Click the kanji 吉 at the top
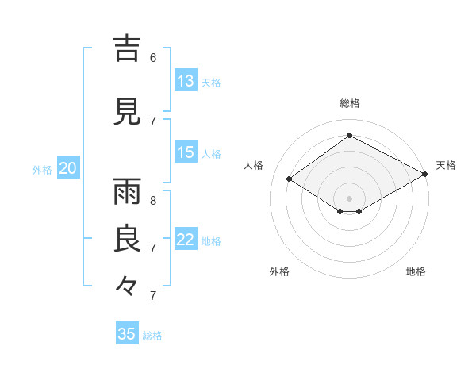tap(128, 49)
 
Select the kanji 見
tap(128, 111)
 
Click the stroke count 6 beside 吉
tap(152, 57)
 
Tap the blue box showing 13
tap(186, 81)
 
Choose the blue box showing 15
tap(186, 152)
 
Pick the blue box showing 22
tap(186, 240)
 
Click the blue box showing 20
tap(68, 168)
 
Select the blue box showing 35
tap(127, 334)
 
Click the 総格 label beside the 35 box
tap(152, 336)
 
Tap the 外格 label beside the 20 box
tap(42, 170)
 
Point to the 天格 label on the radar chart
tap(446, 165)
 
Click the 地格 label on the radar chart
tap(416, 271)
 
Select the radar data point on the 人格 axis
tap(290, 179)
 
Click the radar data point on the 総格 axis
tap(349, 136)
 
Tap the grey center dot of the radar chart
tap(349, 197)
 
